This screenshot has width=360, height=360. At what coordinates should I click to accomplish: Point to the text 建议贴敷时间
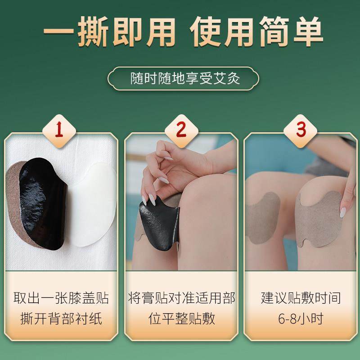(301, 298)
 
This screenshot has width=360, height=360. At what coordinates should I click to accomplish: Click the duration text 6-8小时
(301, 319)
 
